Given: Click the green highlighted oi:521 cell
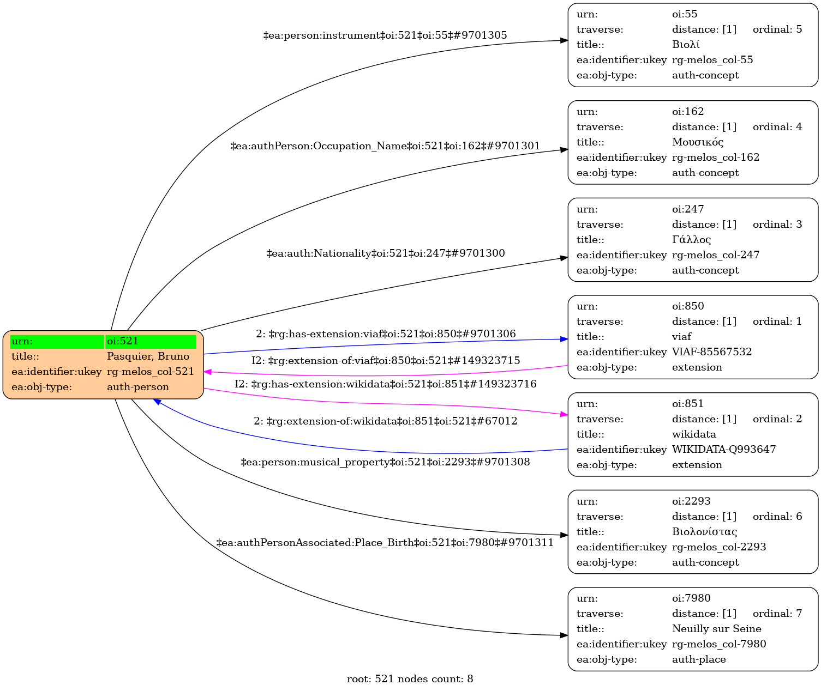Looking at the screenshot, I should (151, 342).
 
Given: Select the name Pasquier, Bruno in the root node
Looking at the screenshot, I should (148, 356).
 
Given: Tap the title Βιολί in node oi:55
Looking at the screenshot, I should (686, 45).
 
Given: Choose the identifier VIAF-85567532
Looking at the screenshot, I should (711, 352).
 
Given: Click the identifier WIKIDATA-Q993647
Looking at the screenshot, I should (723, 450).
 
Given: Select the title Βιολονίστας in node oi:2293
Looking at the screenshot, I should (704, 532).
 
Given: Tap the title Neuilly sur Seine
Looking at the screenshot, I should (716, 629).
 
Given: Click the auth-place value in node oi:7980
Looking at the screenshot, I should (699, 659).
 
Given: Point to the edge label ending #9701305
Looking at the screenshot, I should (385, 35).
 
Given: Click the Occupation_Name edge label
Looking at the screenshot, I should (385, 146).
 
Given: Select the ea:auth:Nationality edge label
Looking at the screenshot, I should (385, 253).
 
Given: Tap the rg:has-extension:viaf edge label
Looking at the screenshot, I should (386, 334).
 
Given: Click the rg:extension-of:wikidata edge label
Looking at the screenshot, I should (385, 421).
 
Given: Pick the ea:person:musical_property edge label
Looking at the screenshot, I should (385, 463).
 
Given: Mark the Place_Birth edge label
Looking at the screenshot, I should (385, 543).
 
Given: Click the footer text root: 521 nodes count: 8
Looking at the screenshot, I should (410, 679).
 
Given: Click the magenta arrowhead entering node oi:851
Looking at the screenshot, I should (564, 415).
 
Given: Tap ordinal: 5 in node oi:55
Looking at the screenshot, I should (777, 29).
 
